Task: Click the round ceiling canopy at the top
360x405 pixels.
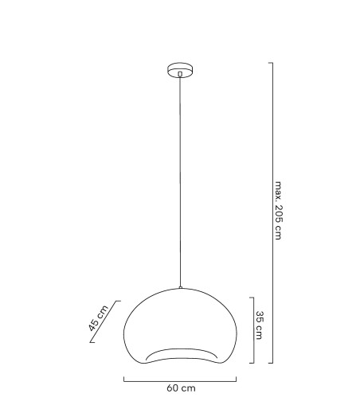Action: click(x=181, y=68)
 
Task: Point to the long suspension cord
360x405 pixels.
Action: click(x=181, y=183)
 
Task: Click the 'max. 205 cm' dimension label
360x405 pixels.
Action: click(x=278, y=211)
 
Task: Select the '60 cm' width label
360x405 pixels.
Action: click(x=181, y=388)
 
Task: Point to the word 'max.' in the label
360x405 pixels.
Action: click(x=278, y=189)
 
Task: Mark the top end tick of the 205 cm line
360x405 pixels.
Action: click(x=271, y=63)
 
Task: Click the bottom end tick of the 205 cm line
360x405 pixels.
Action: click(x=271, y=363)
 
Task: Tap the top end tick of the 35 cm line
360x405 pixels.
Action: click(x=252, y=296)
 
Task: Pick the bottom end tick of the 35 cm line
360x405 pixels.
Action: click(x=252, y=363)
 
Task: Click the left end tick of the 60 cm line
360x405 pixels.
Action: click(x=124, y=380)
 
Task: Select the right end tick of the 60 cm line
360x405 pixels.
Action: click(x=238, y=380)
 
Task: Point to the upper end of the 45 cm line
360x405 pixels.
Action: click(x=119, y=301)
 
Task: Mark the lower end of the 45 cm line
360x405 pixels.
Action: click(x=90, y=342)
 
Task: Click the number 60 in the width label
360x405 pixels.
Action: click(x=172, y=388)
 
